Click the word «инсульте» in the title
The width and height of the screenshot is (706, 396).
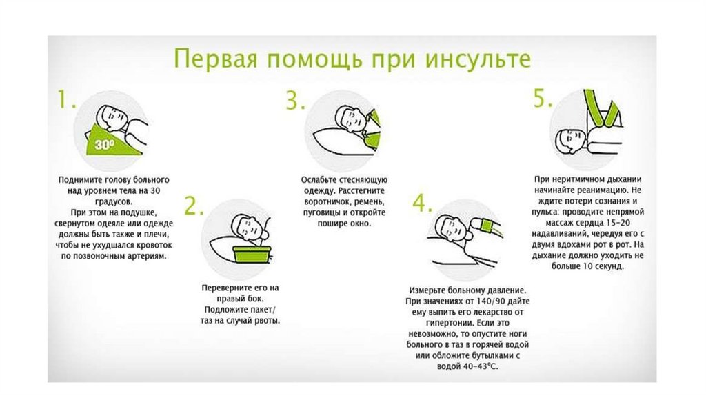pyautogui.click(x=478, y=59)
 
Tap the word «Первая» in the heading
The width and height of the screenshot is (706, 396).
pyautogui.click(x=216, y=59)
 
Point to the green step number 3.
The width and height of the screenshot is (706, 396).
pyautogui.click(x=295, y=100)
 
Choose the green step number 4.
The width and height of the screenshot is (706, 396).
pyautogui.click(x=423, y=204)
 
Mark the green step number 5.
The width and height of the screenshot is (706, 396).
pyautogui.click(x=543, y=98)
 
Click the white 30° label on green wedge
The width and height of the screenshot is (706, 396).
pyautogui.click(x=105, y=144)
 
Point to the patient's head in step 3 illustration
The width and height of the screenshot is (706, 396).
pyautogui.click(x=350, y=118)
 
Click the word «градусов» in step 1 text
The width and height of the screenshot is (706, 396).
pyautogui.click(x=114, y=201)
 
